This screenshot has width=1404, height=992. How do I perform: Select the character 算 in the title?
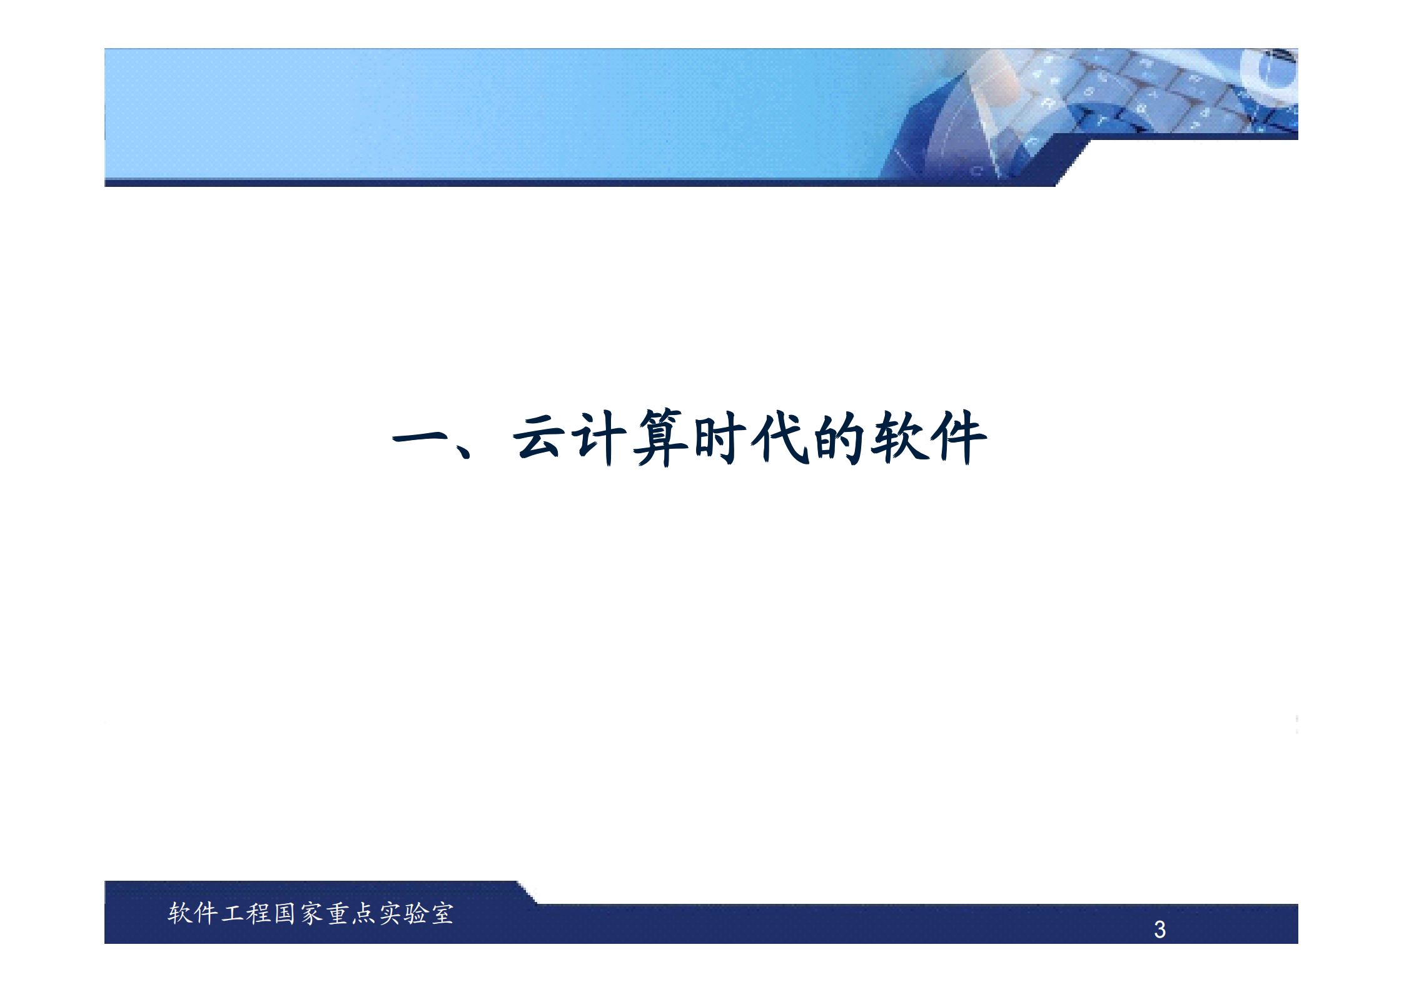(660, 438)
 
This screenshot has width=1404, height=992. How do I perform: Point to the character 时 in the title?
(720, 438)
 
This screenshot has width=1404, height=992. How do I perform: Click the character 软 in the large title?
(899, 438)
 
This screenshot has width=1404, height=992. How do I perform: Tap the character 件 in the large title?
(958, 438)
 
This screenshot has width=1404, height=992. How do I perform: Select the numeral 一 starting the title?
(419, 438)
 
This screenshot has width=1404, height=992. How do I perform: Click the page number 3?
(1159, 929)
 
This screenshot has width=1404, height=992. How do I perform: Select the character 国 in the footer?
(285, 913)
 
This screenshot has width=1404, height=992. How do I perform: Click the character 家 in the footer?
(311, 913)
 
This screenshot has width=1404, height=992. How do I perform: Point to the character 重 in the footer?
(338, 913)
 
